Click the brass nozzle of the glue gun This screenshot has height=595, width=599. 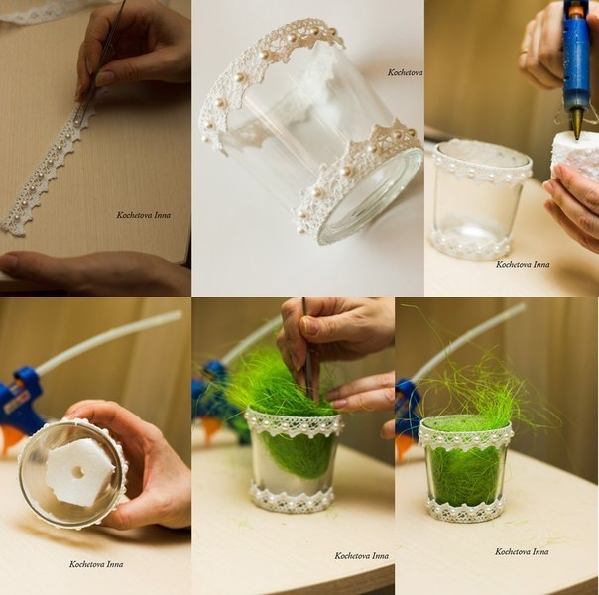tap(577, 122)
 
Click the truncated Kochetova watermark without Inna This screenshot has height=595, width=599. tap(405, 72)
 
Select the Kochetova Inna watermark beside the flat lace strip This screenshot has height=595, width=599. tap(144, 215)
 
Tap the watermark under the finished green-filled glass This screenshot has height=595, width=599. tap(522, 551)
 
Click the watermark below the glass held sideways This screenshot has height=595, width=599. tap(96, 564)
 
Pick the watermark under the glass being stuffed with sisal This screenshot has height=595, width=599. tap(362, 556)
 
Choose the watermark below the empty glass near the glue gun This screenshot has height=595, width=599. tap(523, 264)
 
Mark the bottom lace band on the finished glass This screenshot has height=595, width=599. tap(465, 509)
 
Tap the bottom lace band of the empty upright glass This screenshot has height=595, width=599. tap(470, 244)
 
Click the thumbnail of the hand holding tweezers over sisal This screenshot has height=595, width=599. tap(308, 324)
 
